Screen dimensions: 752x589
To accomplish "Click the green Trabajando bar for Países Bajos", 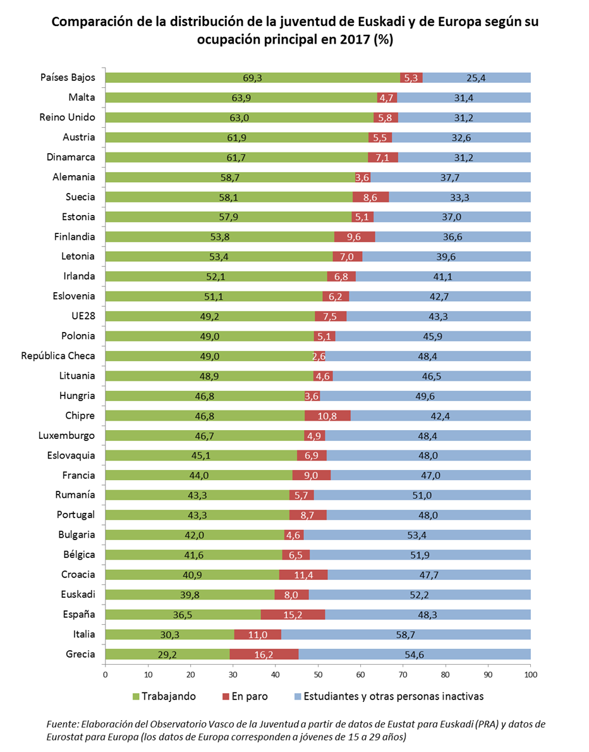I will [x=252, y=78].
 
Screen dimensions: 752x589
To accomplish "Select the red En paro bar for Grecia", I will [x=264, y=654].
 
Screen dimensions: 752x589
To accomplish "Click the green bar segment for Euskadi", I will [x=190, y=595].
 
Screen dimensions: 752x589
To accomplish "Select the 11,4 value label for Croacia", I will [x=303, y=574].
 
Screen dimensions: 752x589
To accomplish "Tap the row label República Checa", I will [x=58, y=356].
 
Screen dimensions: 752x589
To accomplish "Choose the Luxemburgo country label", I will [x=66, y=435].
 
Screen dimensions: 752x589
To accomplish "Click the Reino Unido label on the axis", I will [x=67, y=117].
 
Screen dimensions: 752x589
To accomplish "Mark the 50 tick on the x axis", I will [x=318, y=674].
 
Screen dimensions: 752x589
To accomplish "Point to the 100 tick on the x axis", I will [x=531, y=674].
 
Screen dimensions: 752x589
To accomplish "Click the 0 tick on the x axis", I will [x=105, y=674].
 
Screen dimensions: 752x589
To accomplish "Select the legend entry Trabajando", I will [x=168, y=696].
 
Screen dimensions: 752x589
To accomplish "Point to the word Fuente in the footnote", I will [x=62, y=723].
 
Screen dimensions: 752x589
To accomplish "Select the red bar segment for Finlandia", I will [x=355, y=237].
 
